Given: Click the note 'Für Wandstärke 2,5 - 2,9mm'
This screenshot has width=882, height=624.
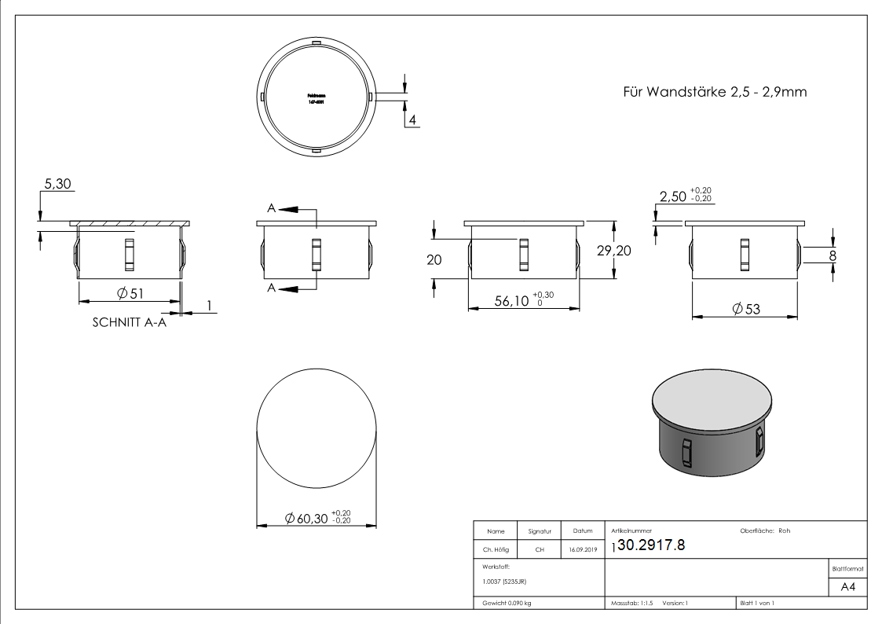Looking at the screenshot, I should (714, 92).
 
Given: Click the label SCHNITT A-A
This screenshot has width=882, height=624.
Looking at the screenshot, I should (130, 322).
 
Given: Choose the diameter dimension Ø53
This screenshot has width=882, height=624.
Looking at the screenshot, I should (745, 309).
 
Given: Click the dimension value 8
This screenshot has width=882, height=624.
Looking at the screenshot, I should (833, 255).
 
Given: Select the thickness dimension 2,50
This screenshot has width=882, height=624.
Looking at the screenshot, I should (674, 196).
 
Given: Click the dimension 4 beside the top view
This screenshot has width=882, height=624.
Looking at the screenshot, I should (411, 120).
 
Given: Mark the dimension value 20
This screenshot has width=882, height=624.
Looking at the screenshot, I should (434, 260).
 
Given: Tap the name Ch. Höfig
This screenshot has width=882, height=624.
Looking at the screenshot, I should (494, 550).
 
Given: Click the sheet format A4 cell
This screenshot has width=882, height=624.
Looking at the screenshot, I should (847, 587).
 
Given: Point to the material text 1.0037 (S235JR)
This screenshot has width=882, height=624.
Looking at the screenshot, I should (505, 581).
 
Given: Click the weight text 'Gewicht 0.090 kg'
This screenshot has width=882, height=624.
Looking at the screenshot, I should (504, 603).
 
